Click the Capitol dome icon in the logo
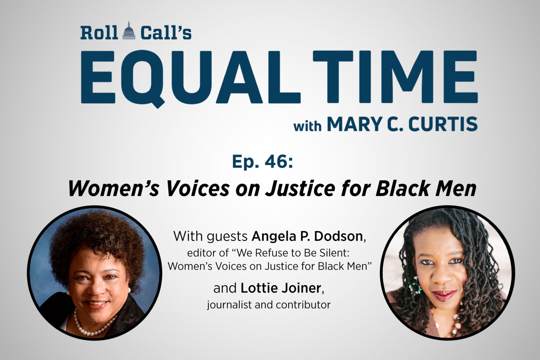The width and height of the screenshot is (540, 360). coord(129,31)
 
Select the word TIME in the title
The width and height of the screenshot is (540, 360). coord(395,77)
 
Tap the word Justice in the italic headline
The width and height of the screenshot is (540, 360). coord(300,188)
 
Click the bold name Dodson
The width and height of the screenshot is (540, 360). coord(338,236)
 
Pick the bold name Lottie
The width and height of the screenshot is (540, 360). coord(259,288)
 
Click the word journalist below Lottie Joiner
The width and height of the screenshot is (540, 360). coord(229,305)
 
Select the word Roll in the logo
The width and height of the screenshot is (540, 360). coord(99,33)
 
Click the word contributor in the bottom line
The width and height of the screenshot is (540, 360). coord(303,305)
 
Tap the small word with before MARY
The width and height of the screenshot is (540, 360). coord(307,126)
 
